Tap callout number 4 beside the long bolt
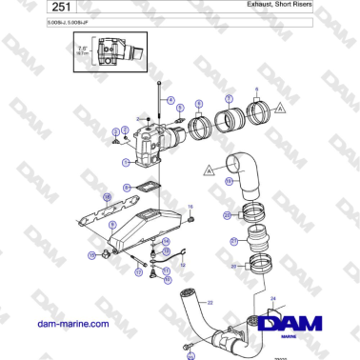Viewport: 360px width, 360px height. point(170,100)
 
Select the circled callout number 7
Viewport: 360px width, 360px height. point(228,98)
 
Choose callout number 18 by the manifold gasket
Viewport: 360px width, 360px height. point(107,197)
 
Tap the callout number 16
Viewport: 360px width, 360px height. point(190,207)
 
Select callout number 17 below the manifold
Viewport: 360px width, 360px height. point(138,271)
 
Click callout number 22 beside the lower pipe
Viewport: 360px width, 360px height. point(210,302)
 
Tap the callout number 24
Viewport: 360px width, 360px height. point(274,299)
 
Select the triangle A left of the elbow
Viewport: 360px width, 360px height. point(208,170)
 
